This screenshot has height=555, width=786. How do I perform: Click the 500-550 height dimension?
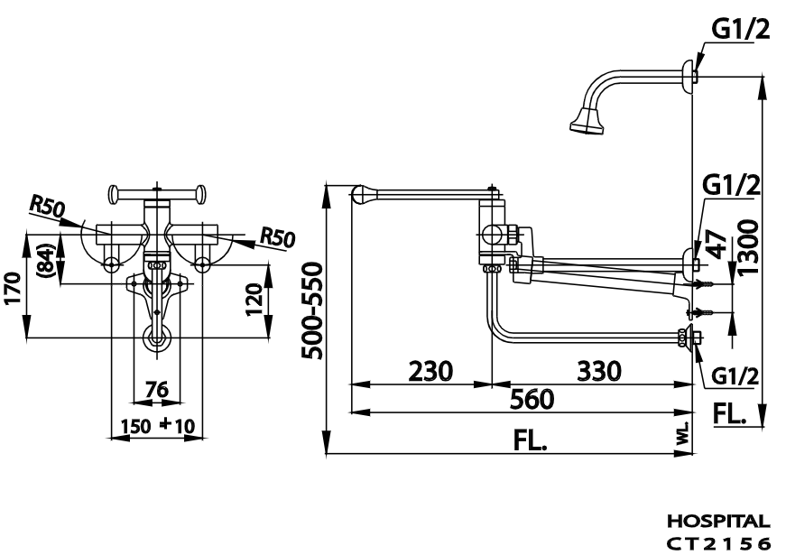(x=312, y=311)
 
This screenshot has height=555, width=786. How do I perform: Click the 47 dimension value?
(x=715, y=245)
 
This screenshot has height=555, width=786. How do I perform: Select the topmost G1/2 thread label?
(x=741, y=31)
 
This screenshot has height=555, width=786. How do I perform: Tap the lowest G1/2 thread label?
(x=733, y=375)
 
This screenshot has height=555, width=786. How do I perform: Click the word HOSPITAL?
(x=717, y=522)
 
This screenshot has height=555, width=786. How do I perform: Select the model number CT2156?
(x=717, y=542)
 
